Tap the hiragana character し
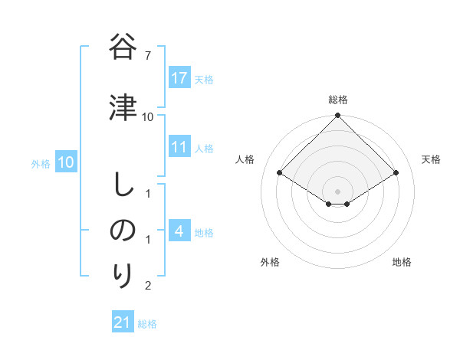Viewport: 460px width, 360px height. (123, 184)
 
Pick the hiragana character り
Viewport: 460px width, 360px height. (123, 275)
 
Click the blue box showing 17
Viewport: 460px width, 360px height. (179, 78)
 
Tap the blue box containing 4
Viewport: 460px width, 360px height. (179, 231)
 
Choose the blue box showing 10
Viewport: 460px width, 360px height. (66, 162)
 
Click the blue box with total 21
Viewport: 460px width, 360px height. (123, 322)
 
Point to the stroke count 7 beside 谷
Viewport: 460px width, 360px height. (148, 56)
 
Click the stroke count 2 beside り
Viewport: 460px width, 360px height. (148, 286)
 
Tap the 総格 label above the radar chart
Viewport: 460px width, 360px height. (337, 100)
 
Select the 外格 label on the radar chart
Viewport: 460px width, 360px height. (269, 262)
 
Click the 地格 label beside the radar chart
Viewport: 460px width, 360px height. (402, 262)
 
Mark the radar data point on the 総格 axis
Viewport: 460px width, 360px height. (337, 116)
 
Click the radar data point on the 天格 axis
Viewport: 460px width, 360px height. (396, 172)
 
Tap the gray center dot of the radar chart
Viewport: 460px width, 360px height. (337, 191)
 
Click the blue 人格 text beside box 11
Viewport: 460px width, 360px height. (204, 149)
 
